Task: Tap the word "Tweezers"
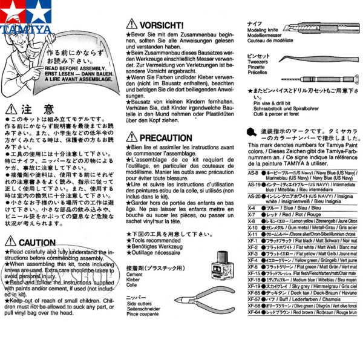[x=259, y=62]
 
